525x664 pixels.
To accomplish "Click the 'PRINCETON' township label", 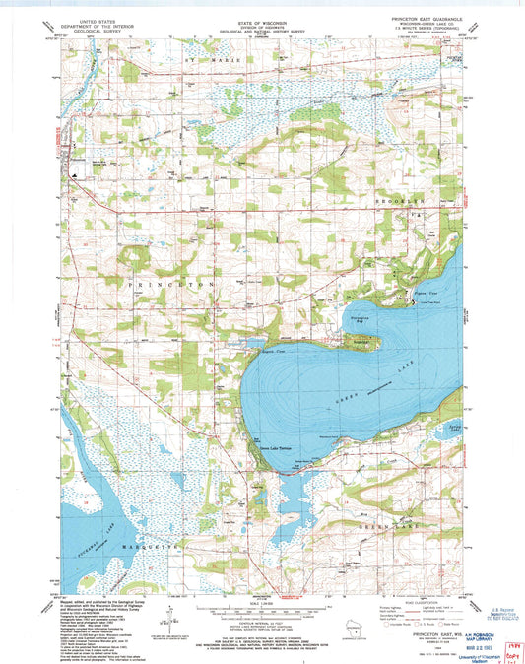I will coord(154,283).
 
